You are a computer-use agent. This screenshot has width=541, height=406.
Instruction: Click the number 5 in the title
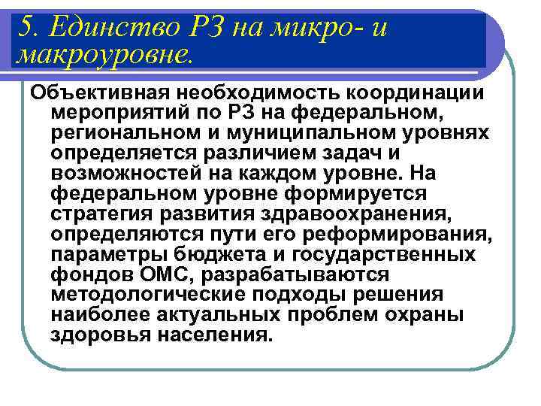pyautogui.click(x=23, y=28)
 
